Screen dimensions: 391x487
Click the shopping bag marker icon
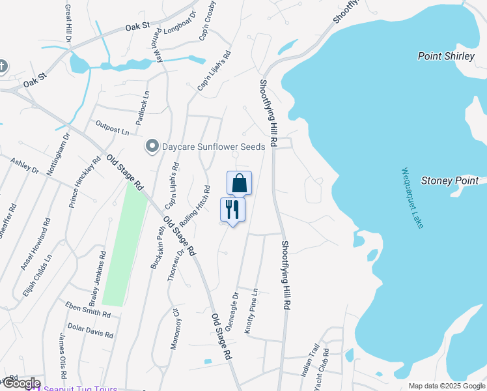click(x=239, y=183)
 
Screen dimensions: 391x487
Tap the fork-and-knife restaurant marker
click(x=232, y=209)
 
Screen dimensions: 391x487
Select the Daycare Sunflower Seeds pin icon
click(x=152, y=146)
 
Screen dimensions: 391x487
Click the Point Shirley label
click(x=446, y=56)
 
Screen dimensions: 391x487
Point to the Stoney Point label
click(x=450, y=181)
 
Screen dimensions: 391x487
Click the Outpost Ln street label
click(x=112, y=128)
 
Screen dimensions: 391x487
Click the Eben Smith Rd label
click(x=88, y=309)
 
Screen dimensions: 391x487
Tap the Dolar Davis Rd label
click(x=90, y=331)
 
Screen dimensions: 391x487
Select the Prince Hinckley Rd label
click(x=85, y=182)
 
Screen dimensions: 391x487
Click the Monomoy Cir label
click(x=174, y=330)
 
